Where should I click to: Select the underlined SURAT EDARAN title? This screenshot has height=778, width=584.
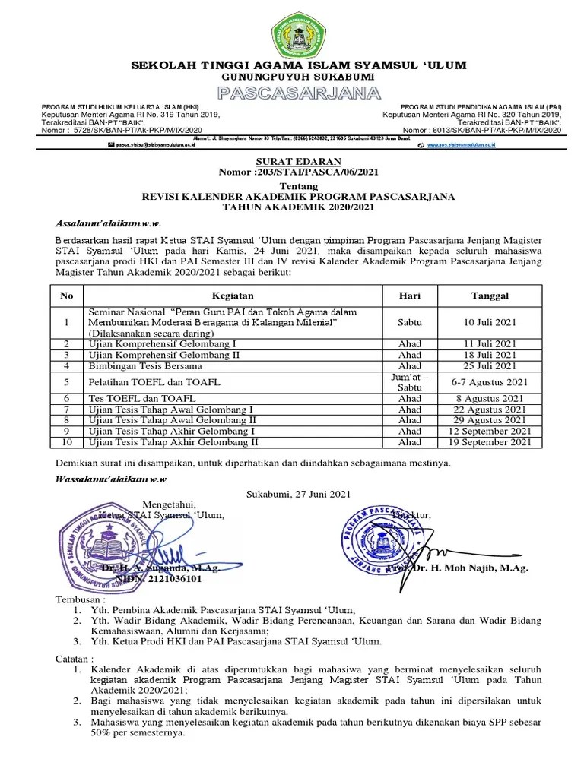click(x=292, y=162)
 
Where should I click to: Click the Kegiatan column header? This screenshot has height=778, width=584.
click(x=233, y=296)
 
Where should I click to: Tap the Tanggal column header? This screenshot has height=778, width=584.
click(x=489, y=296)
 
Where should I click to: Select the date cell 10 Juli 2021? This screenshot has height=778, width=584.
click(x=489, y=323)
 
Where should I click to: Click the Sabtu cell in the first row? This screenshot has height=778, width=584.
click(x=409, y=323)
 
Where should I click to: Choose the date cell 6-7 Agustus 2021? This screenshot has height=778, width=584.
click(x=489, y=382)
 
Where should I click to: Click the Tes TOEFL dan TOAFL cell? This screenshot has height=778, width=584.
click(x=142, y=398)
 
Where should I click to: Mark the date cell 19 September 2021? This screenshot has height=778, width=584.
click(x=489, y=441)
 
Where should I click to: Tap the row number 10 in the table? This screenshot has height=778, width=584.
click(x=67, y=441)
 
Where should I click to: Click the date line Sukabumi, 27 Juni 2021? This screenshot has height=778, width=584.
click(x=298, y=494)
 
